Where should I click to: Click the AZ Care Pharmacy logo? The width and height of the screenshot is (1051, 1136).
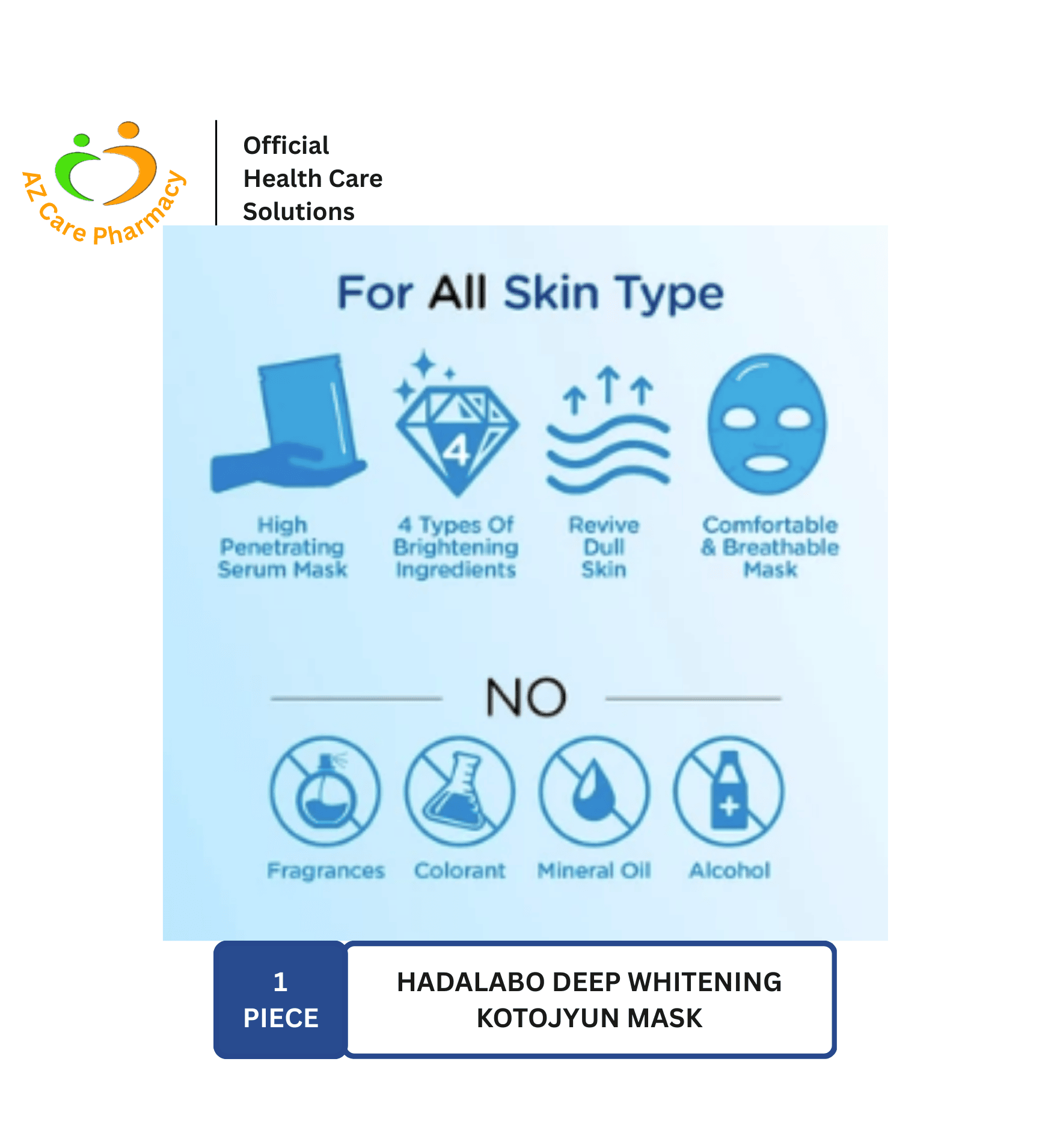click(x=104, y=183)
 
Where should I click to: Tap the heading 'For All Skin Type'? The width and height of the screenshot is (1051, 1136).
click(x=530, y=293)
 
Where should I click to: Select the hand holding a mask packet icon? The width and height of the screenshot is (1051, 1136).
click(x=287, y=423)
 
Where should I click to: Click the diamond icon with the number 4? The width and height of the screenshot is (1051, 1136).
click(x=456, y=423)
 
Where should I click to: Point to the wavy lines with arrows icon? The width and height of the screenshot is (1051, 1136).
click(x=607, y=430)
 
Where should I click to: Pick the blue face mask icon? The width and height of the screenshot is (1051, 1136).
click(x=767, y=424)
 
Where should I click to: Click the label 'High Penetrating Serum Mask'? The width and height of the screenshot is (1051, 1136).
click(x=283, y=547)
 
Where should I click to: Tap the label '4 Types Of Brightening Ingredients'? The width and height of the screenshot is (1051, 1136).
click(x=456, y=547)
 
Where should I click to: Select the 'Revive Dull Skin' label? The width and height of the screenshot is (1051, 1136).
click(x=604, y=547)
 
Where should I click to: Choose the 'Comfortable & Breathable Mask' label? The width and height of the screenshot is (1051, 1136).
click(x=770, y=547)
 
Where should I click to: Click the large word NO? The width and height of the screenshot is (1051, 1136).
click(x=526, y=697)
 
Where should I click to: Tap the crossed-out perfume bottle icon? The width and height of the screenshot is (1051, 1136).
click(x=325, y=791)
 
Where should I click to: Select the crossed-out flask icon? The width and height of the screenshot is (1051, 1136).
click(x=460, y=791)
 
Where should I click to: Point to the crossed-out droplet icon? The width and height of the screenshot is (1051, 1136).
click(x=595, y=791)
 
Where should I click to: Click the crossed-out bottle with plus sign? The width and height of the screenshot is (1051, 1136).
click(x=729, y=791)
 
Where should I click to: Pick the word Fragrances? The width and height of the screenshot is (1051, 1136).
click(x=326, y=871)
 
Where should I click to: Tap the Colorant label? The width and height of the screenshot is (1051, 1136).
click(x=460, y=870)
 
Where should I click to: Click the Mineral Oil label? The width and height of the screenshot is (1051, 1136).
click(x=594, y=870)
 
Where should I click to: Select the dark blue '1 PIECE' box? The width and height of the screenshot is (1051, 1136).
click(x=280, y=1000)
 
